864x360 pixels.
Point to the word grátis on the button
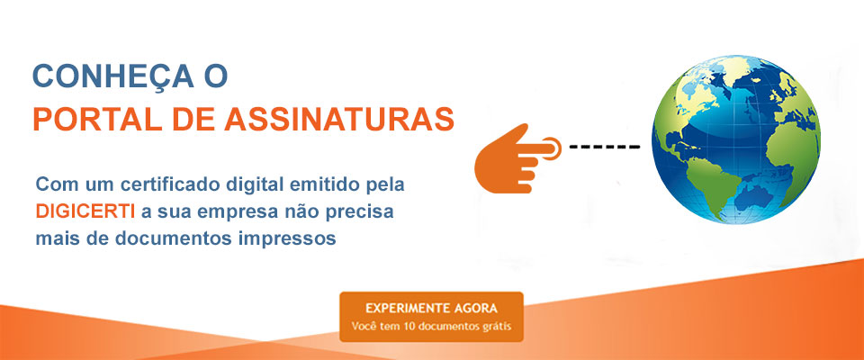(496, 326)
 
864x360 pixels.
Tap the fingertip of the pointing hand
(555, 145)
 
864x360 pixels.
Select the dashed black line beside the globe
(604, 146)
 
